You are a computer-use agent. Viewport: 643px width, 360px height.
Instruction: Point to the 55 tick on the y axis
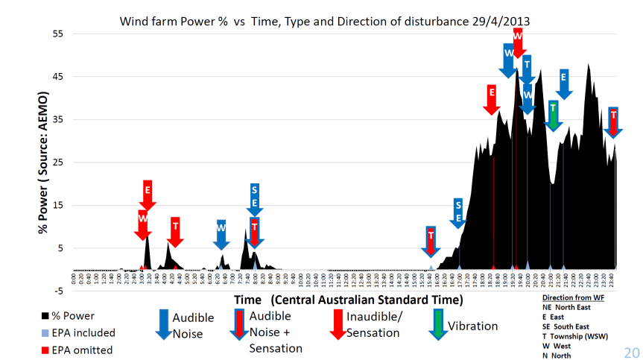58,34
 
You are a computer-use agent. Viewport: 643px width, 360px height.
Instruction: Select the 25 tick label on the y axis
58,163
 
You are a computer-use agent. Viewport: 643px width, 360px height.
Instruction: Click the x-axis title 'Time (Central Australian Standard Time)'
348,300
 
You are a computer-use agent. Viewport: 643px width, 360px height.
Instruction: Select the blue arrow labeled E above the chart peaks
563,83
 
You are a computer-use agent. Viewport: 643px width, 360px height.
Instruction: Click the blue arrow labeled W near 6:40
221,233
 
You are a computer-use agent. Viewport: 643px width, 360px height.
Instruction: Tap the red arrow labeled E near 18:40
491,99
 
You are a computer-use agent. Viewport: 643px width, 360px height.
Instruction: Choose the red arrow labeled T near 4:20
175,231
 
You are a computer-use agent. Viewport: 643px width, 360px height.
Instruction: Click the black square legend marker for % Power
47,316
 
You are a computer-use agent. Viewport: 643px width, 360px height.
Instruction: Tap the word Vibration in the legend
472,326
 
